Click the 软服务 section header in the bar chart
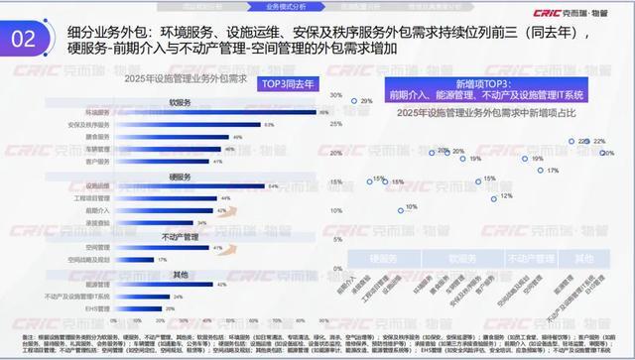180,101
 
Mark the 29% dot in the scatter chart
353,101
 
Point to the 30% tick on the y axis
336,96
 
